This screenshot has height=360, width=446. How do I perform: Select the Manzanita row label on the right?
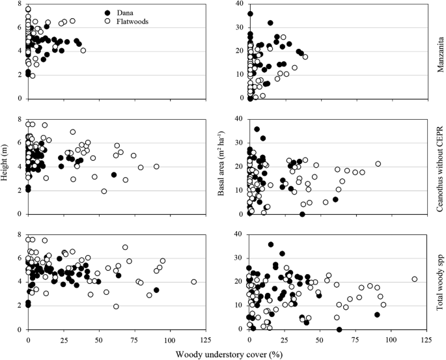[439, 50]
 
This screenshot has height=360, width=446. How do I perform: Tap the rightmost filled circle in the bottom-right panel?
[377, 314]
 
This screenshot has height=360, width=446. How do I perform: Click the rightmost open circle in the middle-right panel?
[378, 163]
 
